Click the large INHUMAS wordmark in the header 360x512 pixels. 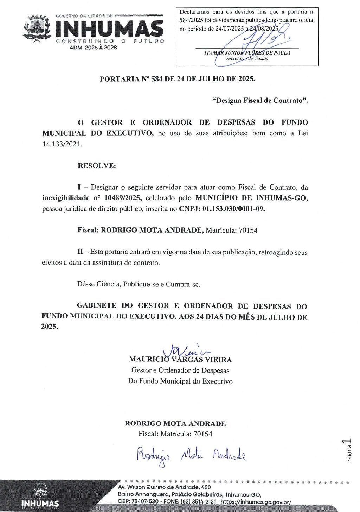click(x=109, y=29)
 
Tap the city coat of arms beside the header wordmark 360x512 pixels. click(x=37, y=29)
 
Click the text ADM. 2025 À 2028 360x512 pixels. click(x=93, y=48)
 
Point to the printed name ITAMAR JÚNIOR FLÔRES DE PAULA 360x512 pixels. click(x=247, y=53)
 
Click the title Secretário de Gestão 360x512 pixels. click(x=247, y=59)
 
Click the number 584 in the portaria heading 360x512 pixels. click(x=157, y=79)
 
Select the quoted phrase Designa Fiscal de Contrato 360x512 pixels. click(x=260, y=101)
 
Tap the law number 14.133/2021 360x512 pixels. click(x=62, y=144)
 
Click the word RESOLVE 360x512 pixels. click(x=97, y=166)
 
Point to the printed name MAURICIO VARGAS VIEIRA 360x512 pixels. click(x=180, y=360)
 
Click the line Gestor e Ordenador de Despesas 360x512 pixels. click(x=180, y=370)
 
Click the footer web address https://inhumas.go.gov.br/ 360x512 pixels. click(x=256, y=501)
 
